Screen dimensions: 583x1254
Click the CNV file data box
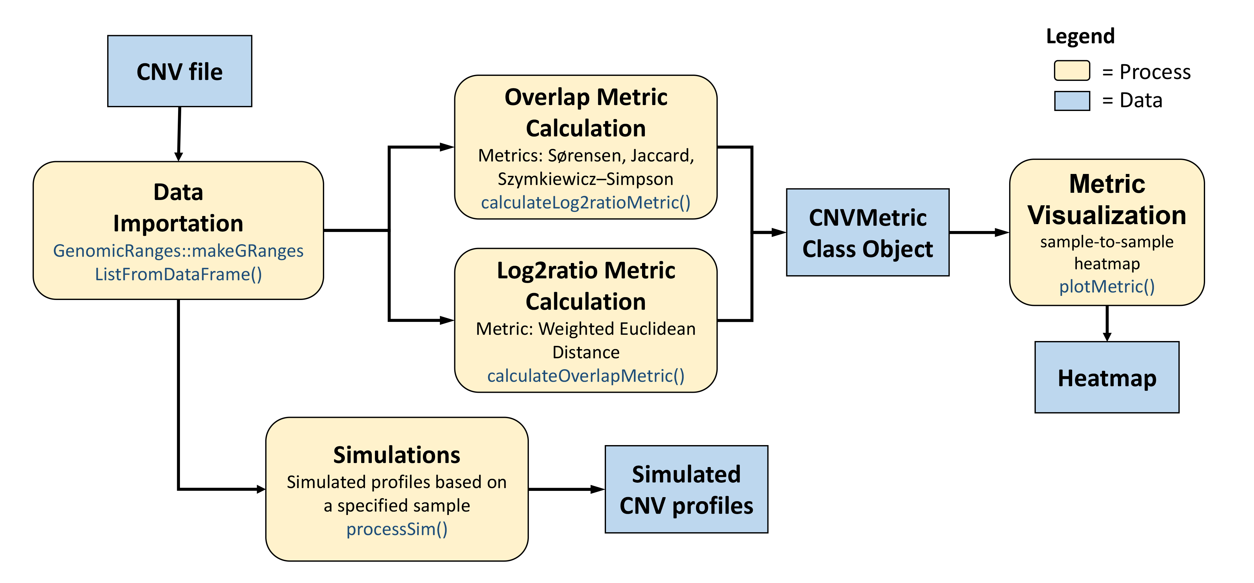pos(180,71)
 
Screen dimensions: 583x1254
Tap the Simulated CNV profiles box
pos(686,489)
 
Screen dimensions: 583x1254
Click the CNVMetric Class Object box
pos(867,233)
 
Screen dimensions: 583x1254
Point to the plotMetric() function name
pos(1107,286)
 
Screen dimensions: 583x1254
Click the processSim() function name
pos(397,529)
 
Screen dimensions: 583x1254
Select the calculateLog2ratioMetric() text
pos(586,202)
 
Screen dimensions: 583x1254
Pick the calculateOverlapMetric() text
pos(586,376)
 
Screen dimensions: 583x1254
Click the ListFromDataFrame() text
pos(178,275)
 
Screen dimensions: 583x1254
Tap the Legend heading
pos(1080,36)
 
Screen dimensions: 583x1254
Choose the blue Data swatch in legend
pos(1072,101)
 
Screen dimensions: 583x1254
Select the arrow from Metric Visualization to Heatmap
pos(1107,323)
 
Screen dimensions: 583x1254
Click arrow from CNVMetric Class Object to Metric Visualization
pos(978,233)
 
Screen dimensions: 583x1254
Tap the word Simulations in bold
pos(397,455)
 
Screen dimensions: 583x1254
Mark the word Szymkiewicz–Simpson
pos(586,179)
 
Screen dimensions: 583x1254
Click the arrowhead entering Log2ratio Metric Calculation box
pos(446,320)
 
